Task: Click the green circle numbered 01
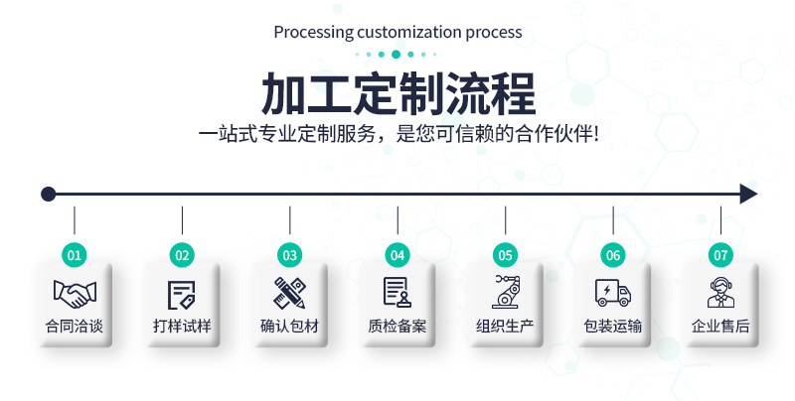(75, 255)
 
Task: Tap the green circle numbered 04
(397, 255)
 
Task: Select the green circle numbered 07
(720, 255)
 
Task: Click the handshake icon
(75, 293)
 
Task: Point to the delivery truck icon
(613, 293)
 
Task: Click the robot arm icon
(505, 292)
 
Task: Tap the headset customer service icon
(720, 293)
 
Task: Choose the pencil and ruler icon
(289, 293)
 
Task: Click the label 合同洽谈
(75, 326)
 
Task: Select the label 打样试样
(182, 326)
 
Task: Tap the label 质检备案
(397, 326)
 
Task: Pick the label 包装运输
(613, 326)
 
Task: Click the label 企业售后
(720, 326)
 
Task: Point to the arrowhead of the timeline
(748, 194)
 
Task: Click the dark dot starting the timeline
(48, 194)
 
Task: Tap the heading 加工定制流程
(397, 94)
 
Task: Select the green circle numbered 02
(182, 255)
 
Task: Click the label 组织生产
(505, 326)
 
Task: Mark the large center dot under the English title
(397, 54)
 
